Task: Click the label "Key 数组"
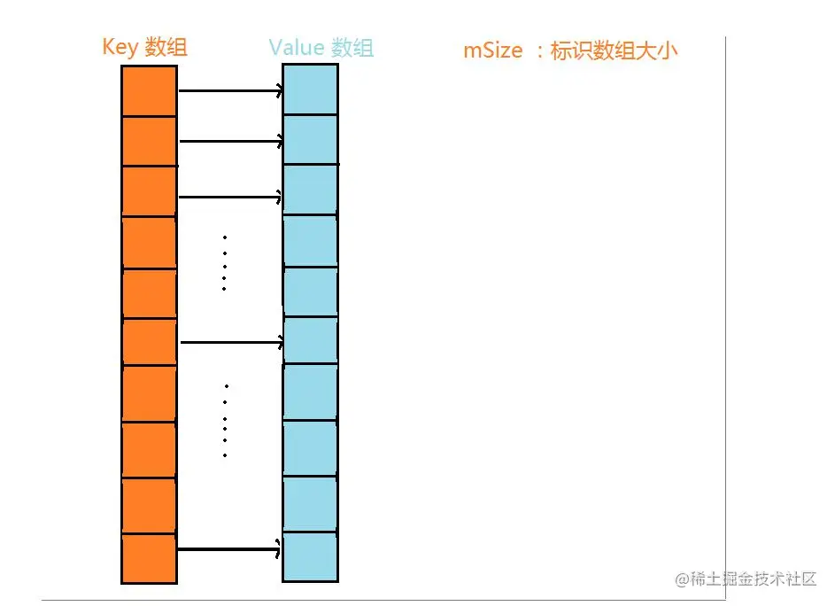(144, 47)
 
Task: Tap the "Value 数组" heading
(321, 48)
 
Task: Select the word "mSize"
(493, 50)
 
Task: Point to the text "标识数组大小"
(614, 50)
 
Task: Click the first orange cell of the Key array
(149, 90)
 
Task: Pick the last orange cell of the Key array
(149, 558)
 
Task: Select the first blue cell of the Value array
(310, 89)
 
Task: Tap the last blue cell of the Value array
(310, 555)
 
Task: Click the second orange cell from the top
(149, 141)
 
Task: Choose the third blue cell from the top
(310, 190)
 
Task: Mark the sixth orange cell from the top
(149, 342)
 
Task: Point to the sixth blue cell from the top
(310, 340)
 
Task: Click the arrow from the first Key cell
(230, 90)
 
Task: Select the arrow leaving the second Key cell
(230, 141)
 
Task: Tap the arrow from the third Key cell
(230, 197)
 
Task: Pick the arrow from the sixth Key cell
(230, 341)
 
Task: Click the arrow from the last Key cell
(230, 550)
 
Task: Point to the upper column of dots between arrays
(224, 263)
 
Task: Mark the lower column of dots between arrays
(226, 421)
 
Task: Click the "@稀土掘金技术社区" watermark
(746, 579)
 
